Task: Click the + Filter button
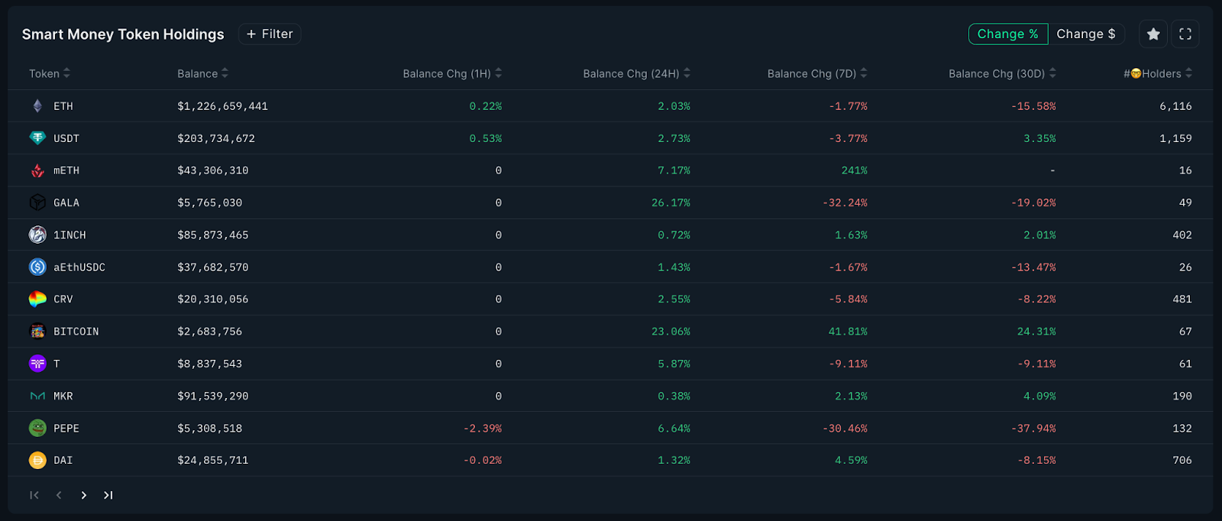270,34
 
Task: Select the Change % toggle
1007,34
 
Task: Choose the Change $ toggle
1085,34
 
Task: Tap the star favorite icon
1153,34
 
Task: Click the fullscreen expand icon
1185,34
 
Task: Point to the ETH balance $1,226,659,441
222,106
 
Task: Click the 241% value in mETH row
854,170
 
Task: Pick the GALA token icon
37,202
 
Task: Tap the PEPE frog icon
37,428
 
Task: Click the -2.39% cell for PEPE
482,429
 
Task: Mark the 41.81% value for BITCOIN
848,332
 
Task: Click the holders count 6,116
1175,106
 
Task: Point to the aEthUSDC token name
79,267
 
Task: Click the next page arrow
84,495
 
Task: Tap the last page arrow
108,495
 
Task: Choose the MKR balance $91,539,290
212,396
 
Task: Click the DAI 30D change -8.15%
1036,460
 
